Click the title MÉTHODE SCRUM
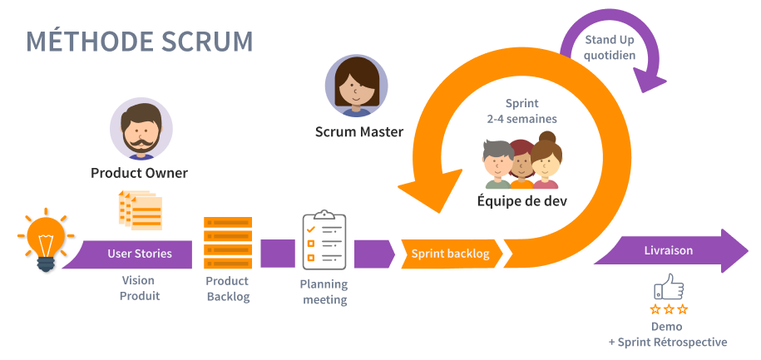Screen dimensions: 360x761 (140, 42)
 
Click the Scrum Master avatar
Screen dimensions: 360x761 (358, 86)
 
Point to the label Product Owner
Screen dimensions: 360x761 (139, 174)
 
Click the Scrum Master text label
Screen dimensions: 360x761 (358, 131)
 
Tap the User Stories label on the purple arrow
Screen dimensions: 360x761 (140, 254)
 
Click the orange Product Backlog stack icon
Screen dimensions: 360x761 (228, 242)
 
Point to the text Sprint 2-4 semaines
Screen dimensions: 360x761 (521, 111)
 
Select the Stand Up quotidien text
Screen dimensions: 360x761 (610, 47)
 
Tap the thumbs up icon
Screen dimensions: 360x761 (669, 288)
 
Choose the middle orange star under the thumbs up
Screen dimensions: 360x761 (669, 309)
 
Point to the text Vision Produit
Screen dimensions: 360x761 (139, 288)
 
